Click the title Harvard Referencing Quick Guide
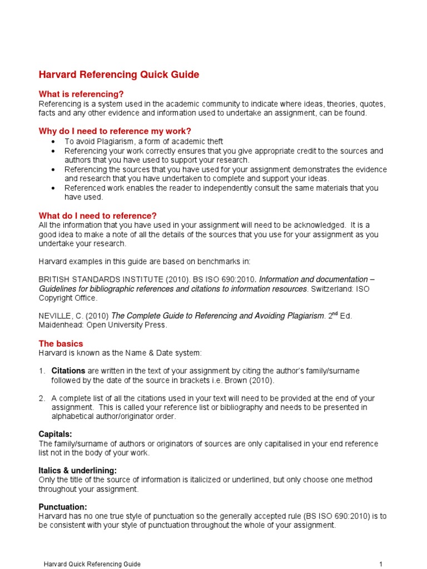click(118, 74)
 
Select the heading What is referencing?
click(81, 94)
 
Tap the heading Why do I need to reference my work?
click(115, 131)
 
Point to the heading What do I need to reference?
click(97, 216)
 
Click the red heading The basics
click(61, 344)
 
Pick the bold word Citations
click(68, 371)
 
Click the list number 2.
click(42, 398)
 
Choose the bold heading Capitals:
click(56, 433)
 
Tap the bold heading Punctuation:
click(63, 507)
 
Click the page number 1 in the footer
click(381, 564)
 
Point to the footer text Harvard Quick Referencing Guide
click(92, 564)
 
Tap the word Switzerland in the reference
click(330, 289)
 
